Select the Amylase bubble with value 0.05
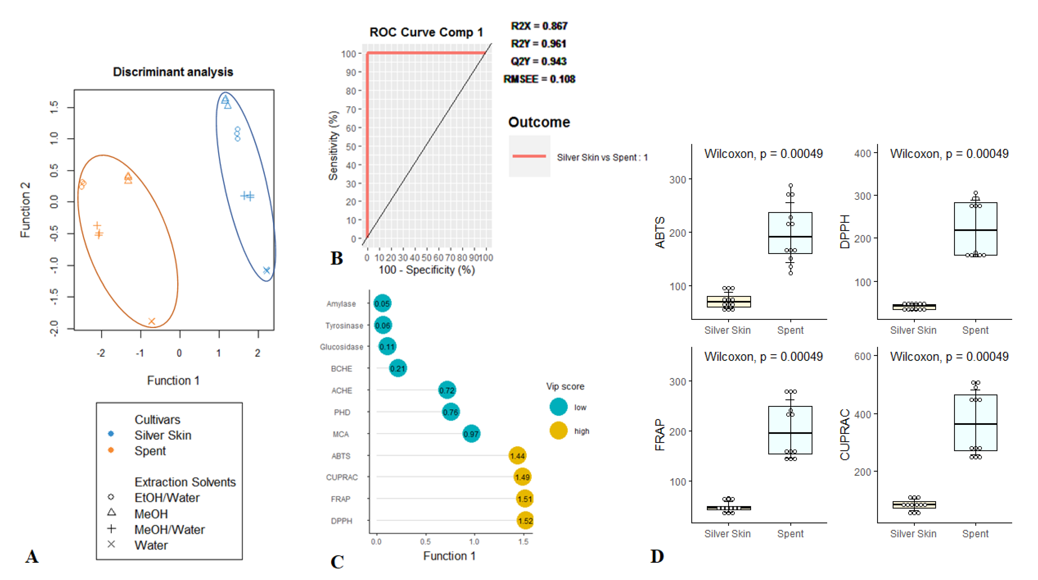(382, 303)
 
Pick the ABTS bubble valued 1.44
(517, 455)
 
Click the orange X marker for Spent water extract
(152, 321)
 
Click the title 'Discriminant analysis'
(173, 72)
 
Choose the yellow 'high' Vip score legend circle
(558, 430)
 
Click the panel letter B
(336, 258)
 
